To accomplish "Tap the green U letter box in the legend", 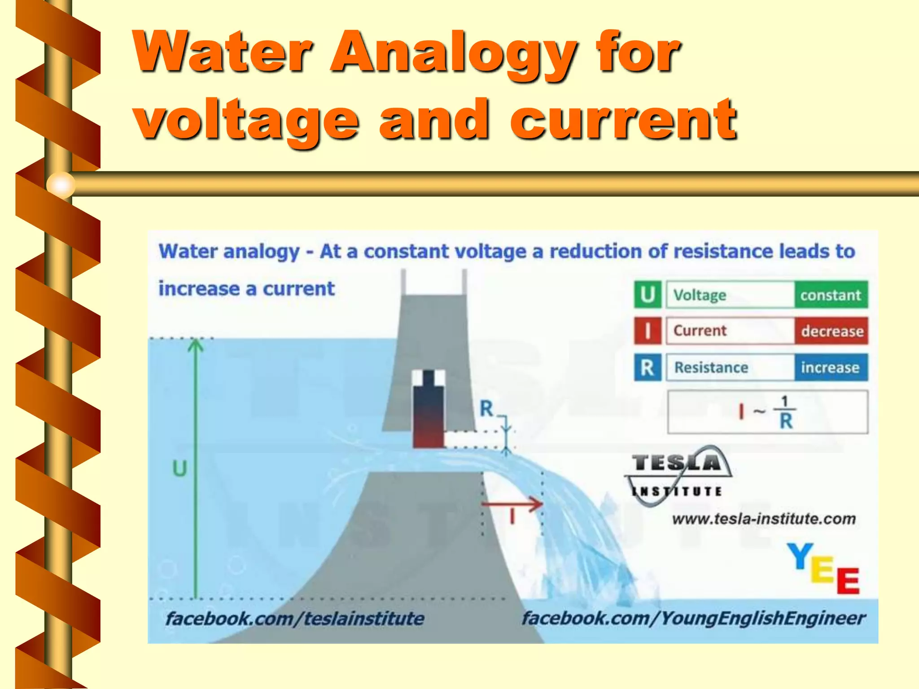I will (648, 295).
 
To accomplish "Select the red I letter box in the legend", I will (648, 331).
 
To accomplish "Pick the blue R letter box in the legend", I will (648, 367).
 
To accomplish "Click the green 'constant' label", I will (831, 295).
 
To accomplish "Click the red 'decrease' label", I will (831, 331).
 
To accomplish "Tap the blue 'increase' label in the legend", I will (831, 367).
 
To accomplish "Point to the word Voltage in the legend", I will (700, 295).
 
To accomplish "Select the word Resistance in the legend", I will (711, 367).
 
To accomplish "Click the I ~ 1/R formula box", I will (767, 412).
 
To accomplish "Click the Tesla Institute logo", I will (678, 475).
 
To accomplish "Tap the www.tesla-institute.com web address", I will (764, 519).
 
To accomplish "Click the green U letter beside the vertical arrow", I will (179, 469).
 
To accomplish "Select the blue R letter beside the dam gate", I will (486, 408).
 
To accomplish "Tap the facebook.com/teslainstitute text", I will (295, 619).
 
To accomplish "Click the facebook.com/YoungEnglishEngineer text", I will (693, 618).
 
